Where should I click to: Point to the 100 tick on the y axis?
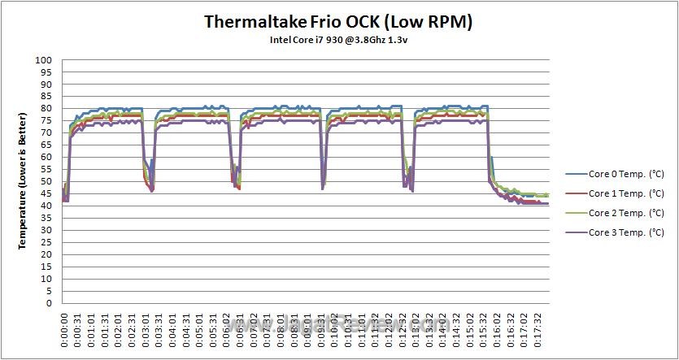point(43,60)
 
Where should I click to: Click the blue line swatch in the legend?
point(575,173)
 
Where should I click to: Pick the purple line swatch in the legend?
point(575,233)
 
